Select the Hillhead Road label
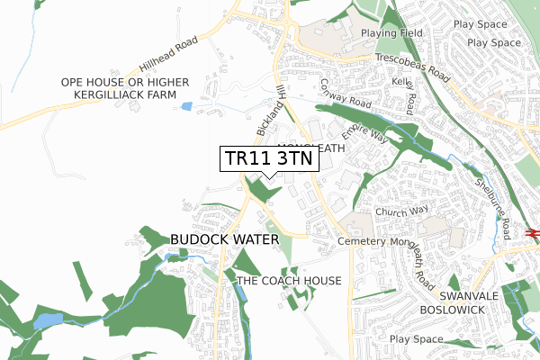(167, 56)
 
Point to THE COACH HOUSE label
(289, 281)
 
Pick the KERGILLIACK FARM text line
(125, 94)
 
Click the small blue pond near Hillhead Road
(186, 106)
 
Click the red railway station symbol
(533, 233)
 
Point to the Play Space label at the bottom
(417, 339)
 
